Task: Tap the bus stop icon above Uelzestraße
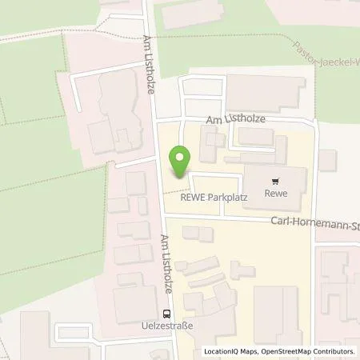[167, 314]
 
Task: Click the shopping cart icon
[277, 182]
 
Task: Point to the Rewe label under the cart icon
[277, 194]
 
